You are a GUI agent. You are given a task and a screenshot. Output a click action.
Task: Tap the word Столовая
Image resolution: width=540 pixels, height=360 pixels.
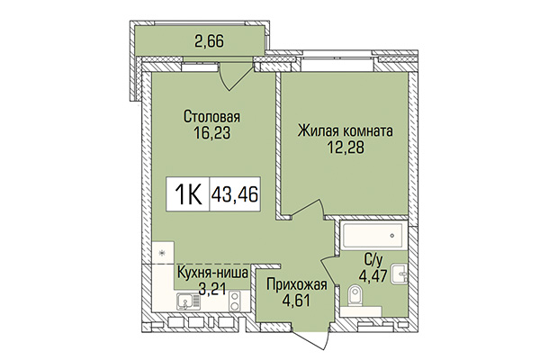pos(212,115)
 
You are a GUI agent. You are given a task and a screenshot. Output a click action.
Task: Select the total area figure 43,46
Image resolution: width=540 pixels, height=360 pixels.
pos(234,193)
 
